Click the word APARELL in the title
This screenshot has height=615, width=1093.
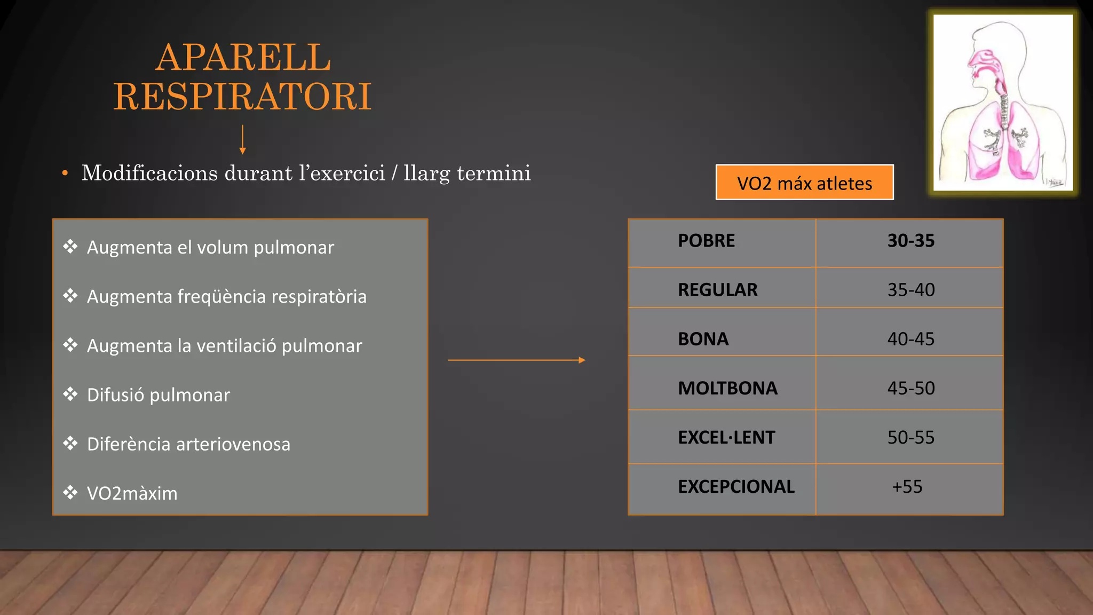click(x=243, y=58)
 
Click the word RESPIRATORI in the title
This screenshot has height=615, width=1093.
click(x=242, y=97)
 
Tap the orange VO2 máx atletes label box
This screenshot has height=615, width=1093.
click(x=804, y=183)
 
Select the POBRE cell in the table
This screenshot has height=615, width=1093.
click(x=706, y=241)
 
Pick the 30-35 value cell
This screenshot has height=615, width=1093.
click(x=910, y=241)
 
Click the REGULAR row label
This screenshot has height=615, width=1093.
click(x=717, y=290)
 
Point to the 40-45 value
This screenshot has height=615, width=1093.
click(x=910, y=339)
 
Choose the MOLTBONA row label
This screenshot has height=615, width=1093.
click(x=727, y=388)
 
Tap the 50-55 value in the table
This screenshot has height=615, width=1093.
click(x=910, y=438)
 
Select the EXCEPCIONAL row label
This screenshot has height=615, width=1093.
click(x=736, y=487)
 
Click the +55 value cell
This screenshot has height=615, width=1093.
click(x=907, y=487)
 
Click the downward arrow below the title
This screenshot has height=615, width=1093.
click(x=243, y=140)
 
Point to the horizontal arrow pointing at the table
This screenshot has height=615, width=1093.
click(x=516, y=360)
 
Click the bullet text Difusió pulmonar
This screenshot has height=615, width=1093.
click(x=159, y=395)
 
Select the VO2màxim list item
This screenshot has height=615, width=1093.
click(x=132, y=493)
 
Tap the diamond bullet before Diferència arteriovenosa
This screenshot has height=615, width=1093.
click(x=70, y=443)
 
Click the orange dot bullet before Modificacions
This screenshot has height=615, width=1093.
click(x=65, y=174)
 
